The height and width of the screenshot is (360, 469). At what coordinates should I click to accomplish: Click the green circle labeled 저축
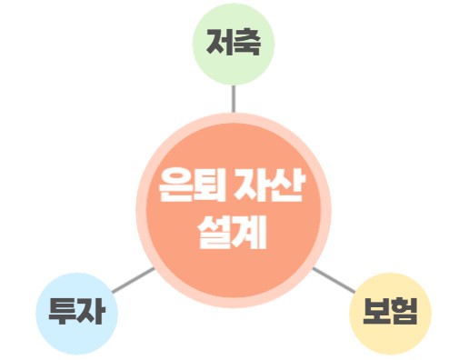(234, 43)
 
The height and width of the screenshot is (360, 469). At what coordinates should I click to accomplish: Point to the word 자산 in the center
(272, 189)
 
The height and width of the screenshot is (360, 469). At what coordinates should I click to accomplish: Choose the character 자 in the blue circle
(92, 312)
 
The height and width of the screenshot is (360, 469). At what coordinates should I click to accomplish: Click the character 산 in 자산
(288, 189)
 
